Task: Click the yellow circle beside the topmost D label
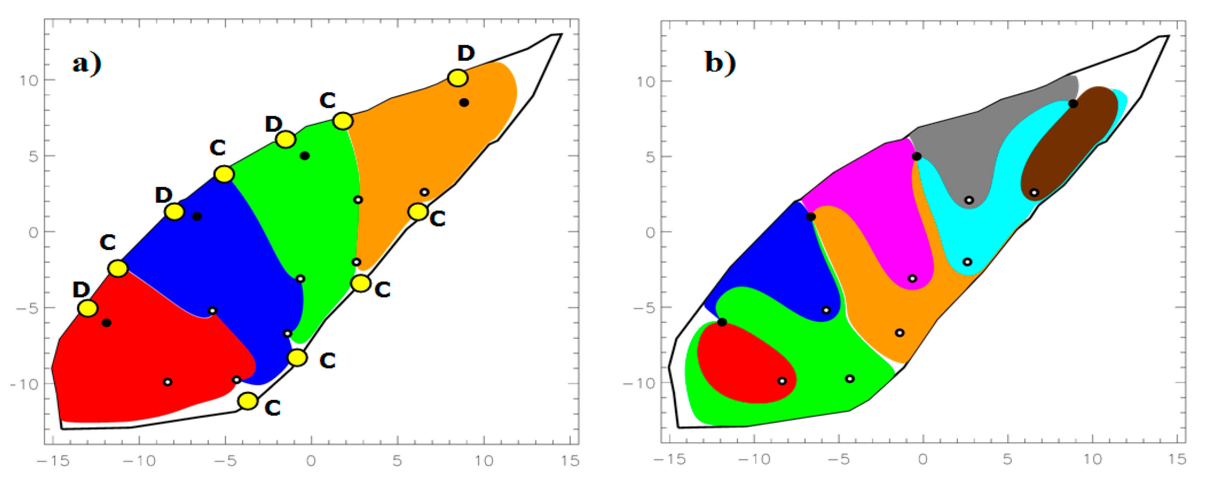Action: tap(458, 78)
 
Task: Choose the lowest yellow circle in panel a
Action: tap(248, 401)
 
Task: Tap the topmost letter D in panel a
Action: tap(466, 53)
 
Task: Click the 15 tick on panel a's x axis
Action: tap(570, 461)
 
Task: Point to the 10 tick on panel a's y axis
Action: tap(29, 80)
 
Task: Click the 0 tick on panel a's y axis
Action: tap(33, 232)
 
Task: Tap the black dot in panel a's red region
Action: tap(107, 323)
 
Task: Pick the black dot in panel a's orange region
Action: tap(464, 102)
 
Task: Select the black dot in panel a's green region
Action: tap(304, 156)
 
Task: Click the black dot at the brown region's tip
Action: tap(1073, 104)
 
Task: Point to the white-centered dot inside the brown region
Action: tap(1034, 193)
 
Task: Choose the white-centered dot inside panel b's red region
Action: tap(782, 381)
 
